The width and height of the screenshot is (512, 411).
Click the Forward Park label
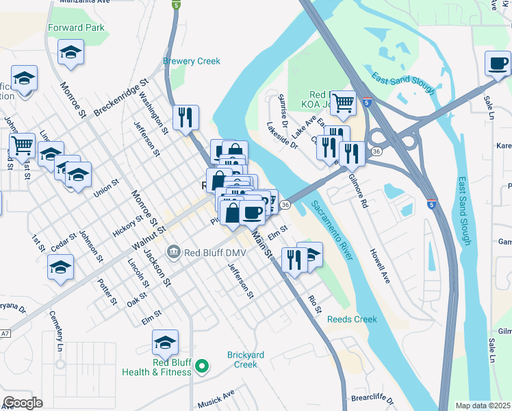pos(77,28)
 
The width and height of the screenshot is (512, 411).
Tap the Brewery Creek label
pos(192,61)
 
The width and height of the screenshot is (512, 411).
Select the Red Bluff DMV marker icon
pos(173,251)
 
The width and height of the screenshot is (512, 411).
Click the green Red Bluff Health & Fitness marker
pos(202,366)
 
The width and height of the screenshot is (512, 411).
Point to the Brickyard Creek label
pos(242,360)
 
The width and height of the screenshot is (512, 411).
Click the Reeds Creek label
pos(352,319)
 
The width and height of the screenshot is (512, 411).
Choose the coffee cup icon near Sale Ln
pos(498,64)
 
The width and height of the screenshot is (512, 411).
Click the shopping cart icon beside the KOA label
pos(344,103)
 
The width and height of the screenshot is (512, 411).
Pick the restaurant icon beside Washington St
pos(185,118)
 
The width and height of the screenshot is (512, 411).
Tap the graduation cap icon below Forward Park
pos(71,53)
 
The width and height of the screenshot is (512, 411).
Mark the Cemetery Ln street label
pos(55,332)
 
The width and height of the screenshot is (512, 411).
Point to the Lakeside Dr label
pos(282,135)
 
